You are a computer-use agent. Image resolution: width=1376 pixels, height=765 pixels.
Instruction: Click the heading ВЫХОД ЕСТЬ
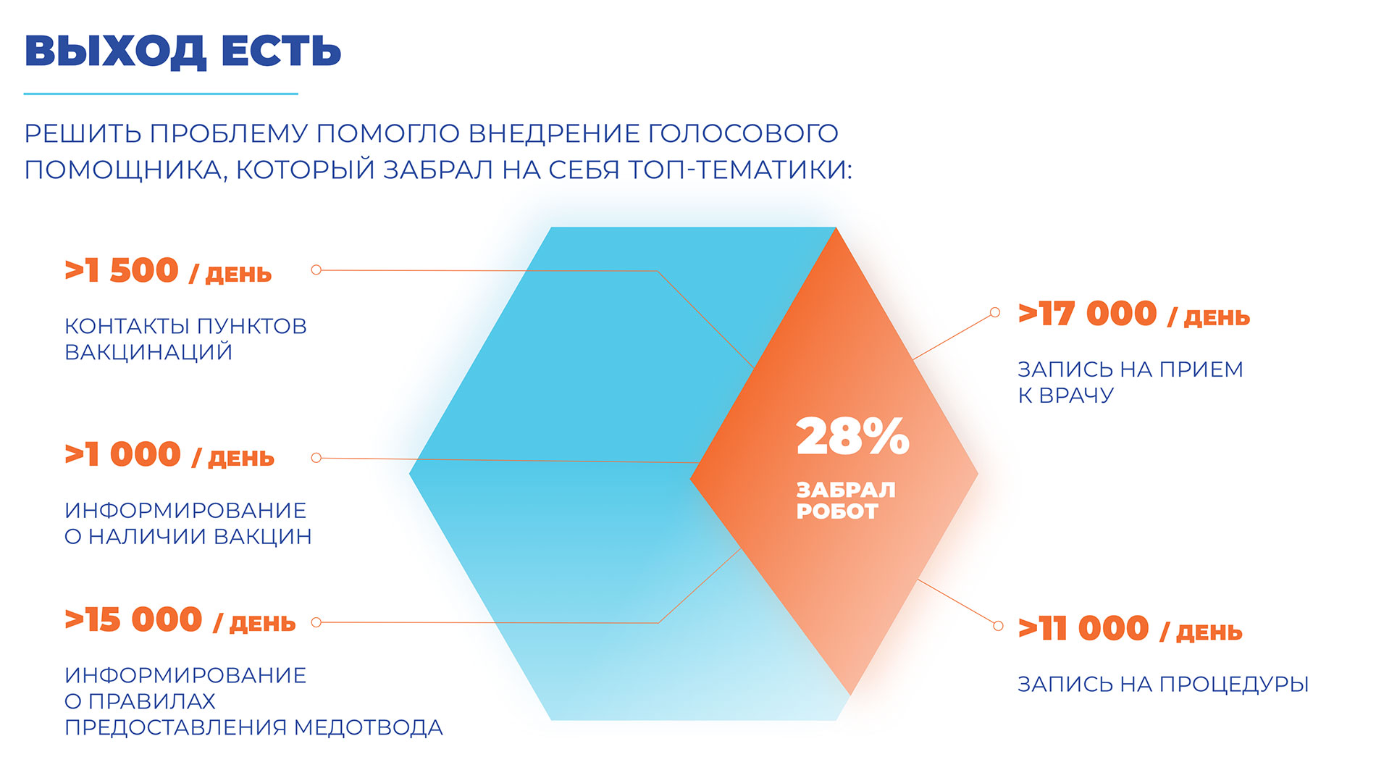click(x=183, y=51)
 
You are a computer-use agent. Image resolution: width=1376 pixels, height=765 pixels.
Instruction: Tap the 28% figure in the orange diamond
click(x=852, y=436)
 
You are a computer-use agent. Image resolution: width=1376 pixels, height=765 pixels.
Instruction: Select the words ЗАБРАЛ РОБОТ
click(x=846, y=501)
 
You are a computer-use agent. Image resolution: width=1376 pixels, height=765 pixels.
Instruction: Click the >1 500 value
click(x=122, y=270)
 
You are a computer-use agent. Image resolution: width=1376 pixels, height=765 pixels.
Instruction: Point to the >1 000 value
click(x=122, y=455)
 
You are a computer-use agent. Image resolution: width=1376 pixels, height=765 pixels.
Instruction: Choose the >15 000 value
click(x=133, y=620)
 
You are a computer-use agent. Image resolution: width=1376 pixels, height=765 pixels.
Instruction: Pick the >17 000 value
click(x=1087, y=314)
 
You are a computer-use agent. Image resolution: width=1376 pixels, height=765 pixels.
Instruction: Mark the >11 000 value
click(x=1083, y=629)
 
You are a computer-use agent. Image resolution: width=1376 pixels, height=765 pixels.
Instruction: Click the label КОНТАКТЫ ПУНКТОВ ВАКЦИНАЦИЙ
click(x=185, y=339)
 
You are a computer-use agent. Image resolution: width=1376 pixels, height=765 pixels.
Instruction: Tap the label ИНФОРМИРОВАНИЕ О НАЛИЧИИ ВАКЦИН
click(x=188, y=523)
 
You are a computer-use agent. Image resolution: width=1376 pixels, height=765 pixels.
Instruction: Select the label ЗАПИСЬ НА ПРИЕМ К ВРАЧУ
click(x=1130, y=382)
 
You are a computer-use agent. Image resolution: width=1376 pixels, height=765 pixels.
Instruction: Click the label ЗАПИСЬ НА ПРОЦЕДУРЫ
click(x=1163, y=684)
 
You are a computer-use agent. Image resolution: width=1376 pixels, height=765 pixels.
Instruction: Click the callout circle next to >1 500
click(x=316, y=269)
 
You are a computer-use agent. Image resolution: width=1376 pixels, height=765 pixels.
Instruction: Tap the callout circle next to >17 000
click(x=995, y=312)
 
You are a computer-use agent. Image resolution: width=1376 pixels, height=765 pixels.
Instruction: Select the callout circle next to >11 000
click(x=998, y=626)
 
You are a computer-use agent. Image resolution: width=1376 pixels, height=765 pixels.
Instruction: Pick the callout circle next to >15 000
click(x=316, y=622)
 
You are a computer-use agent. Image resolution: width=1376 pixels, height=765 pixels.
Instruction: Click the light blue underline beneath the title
click(x=161, y=93)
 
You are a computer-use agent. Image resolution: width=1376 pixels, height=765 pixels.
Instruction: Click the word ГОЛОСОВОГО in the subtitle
click(x=743, y=133)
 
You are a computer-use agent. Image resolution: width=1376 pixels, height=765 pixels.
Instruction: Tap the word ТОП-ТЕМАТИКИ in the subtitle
click(x=739, y=170)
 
